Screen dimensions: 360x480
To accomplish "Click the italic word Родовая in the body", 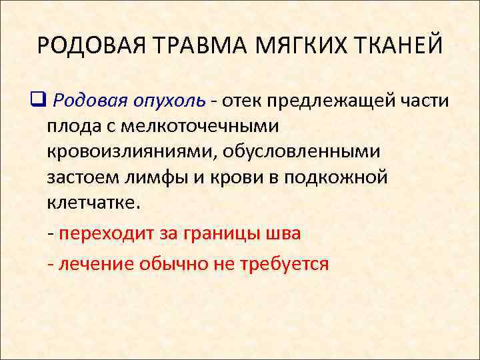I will (x=89, y=101).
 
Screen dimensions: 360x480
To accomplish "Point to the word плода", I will (x=73, y=127).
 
